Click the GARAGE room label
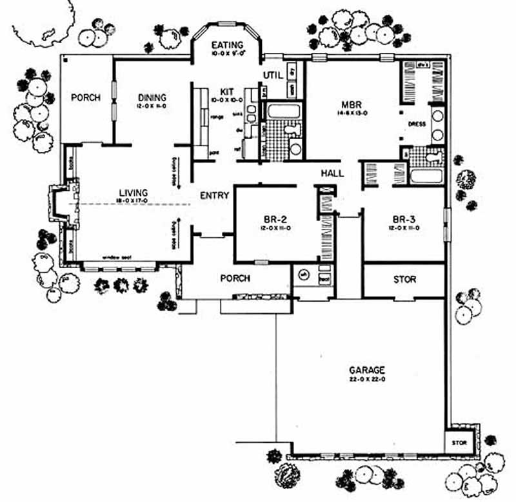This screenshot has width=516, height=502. click(367, 371)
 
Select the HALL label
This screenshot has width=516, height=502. click(332, 173)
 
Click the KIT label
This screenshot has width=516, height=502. click(226, 92)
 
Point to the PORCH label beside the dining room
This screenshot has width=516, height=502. click(86, 98)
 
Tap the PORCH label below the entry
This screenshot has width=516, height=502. click(235, 278)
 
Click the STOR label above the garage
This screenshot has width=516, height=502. click(404, 280)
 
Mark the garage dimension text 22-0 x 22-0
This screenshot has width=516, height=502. click(367, 380)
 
